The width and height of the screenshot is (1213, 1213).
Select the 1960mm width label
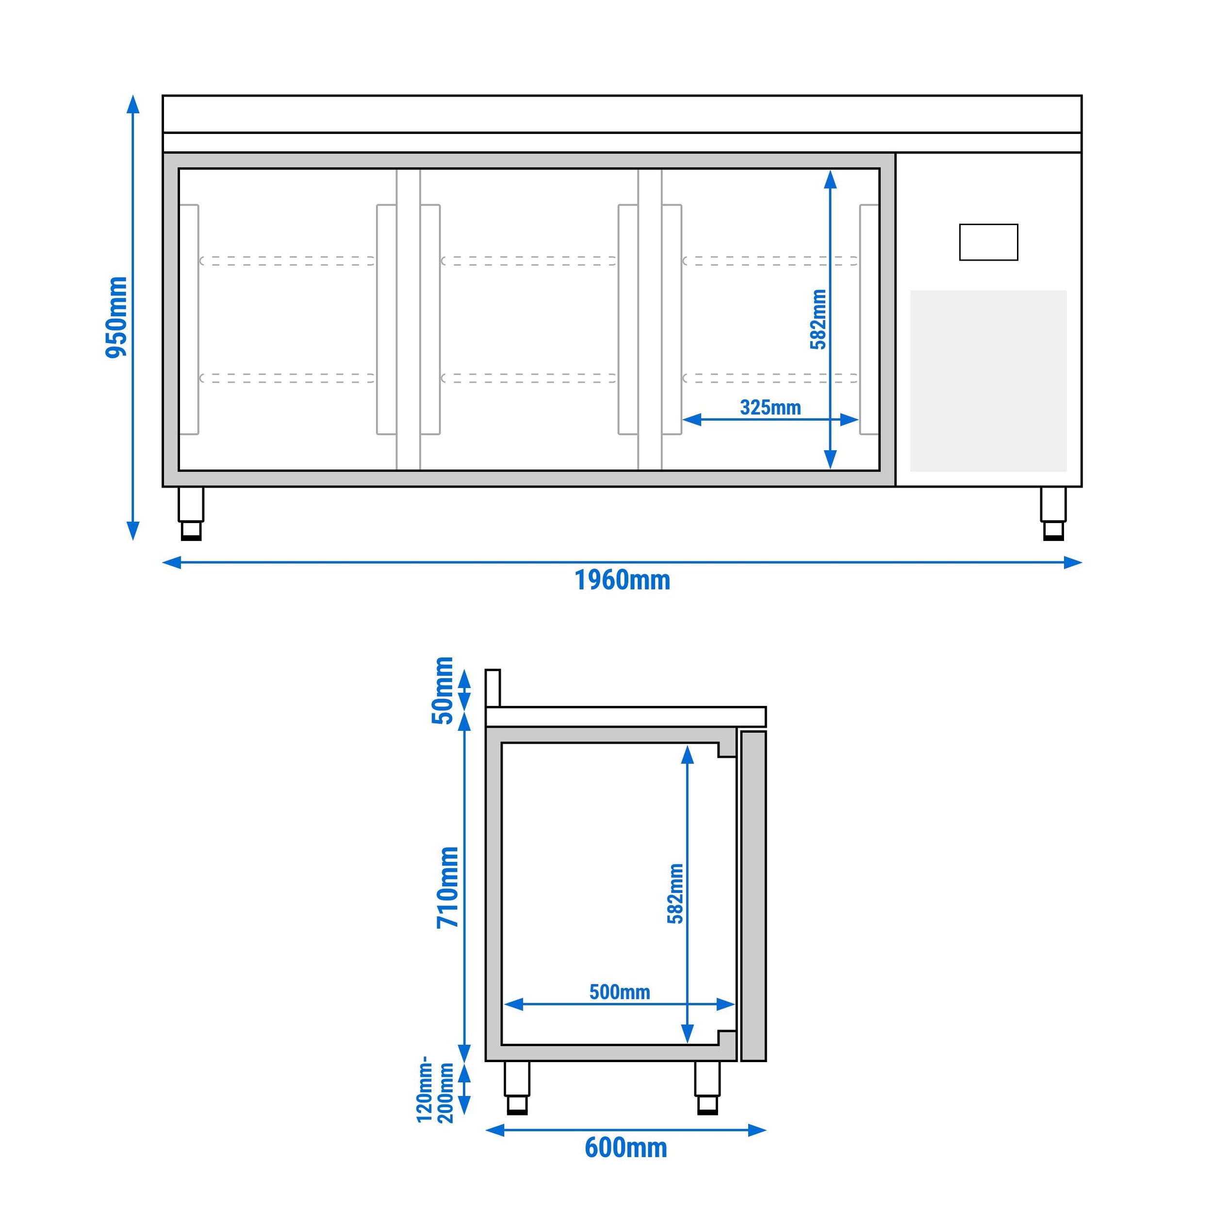pyautogui.click(x=622, y=580)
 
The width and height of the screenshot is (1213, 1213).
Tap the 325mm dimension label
pyautogui.click(x=770, y=408)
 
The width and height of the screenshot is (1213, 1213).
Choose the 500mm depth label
pyautogui.click(x=620, y=992)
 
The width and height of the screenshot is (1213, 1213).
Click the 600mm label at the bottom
pyautogui.click(x=625, y=1147)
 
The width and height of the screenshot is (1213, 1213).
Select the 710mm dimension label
pyautogui.click(x=448, y=887)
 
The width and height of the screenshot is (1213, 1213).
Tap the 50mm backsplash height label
pyautogui.click(x=443, y=690)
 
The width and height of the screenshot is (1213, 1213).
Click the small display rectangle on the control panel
pyautogui.click(x=988, y=242)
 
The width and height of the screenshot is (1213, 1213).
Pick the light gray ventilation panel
pyautogui.click(x=988, y=380)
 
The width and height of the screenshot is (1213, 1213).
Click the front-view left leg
pyautogui.click(x=191, y=513)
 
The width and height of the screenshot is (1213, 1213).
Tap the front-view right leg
pyautogui.click(x=1053, y=513)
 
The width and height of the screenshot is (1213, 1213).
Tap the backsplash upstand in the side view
pyautogui.click(x=493, y=688)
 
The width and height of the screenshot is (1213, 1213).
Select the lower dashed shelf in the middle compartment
pyautogui.click(x=529, y=378)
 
